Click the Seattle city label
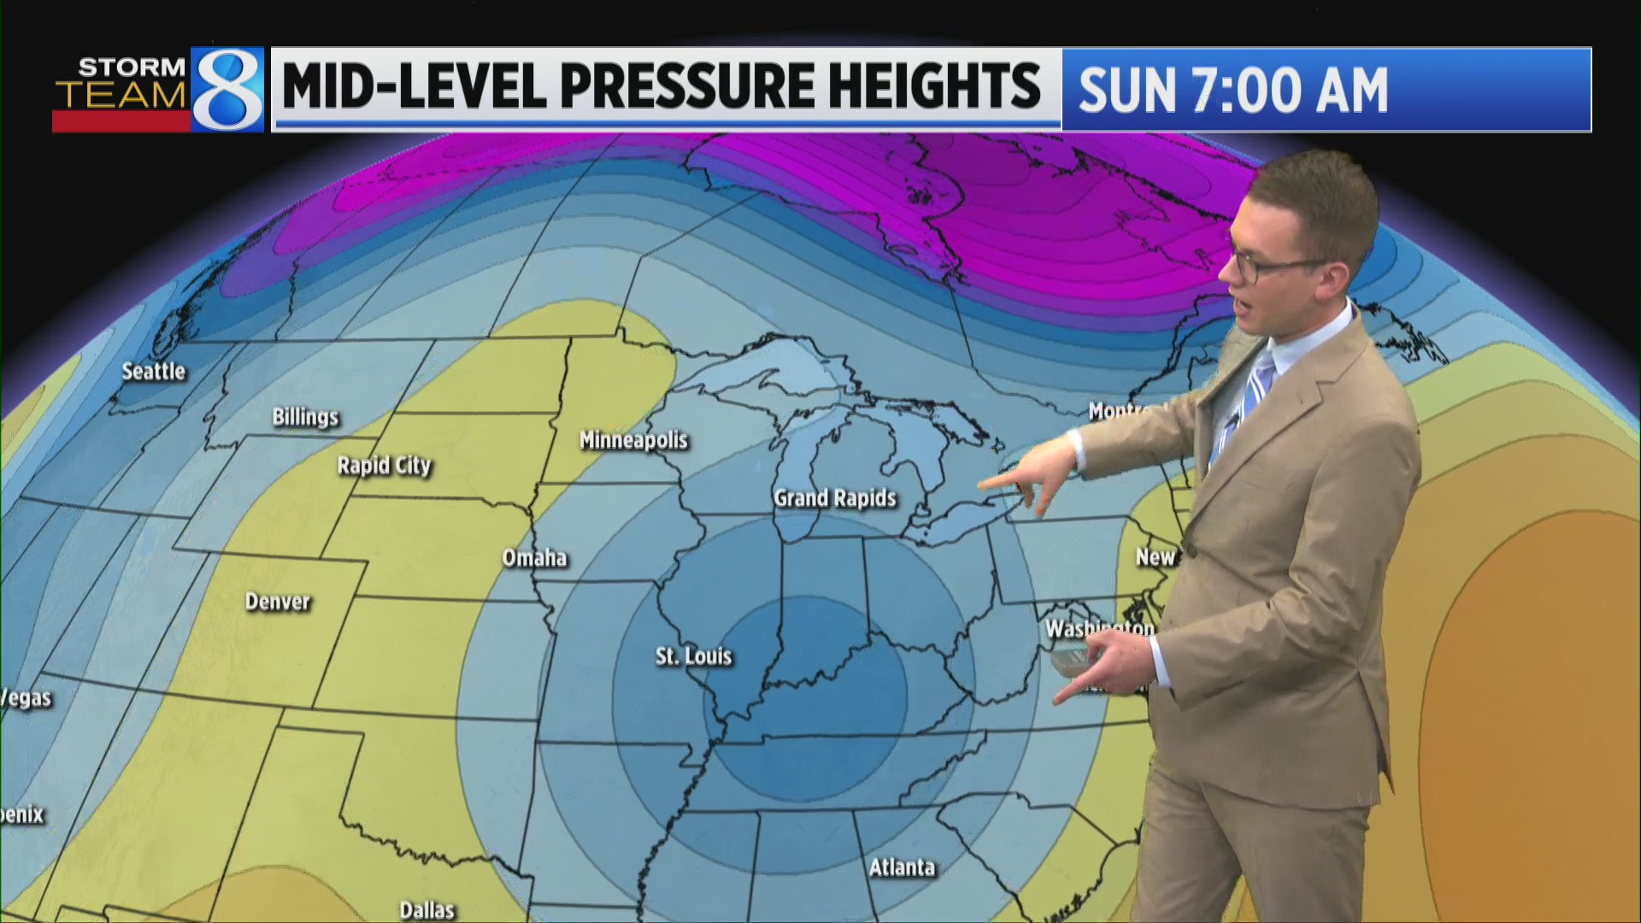(153, 372)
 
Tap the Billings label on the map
(305, 417)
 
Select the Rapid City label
(384, 466)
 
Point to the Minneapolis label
(633, 440)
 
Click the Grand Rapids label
(834, 498)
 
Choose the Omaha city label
(534, 558)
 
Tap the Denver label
(277, 602)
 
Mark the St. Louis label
(693, 656)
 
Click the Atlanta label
(902, 867)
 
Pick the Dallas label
(426, 909)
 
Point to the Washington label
(1099, 629)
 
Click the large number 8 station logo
(227, 90)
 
